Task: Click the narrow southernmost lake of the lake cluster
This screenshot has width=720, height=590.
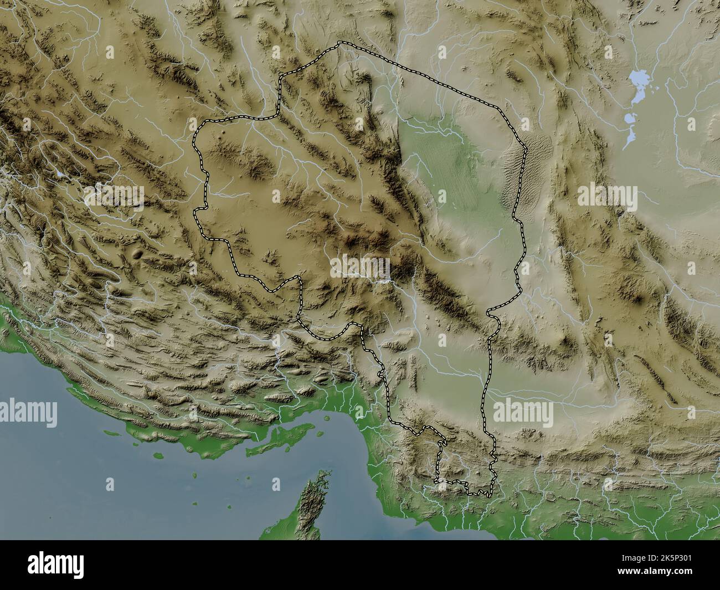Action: pos(628,139)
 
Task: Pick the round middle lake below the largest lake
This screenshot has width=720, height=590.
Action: pos(629,118)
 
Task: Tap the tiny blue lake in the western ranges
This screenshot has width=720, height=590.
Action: pos(58,173)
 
